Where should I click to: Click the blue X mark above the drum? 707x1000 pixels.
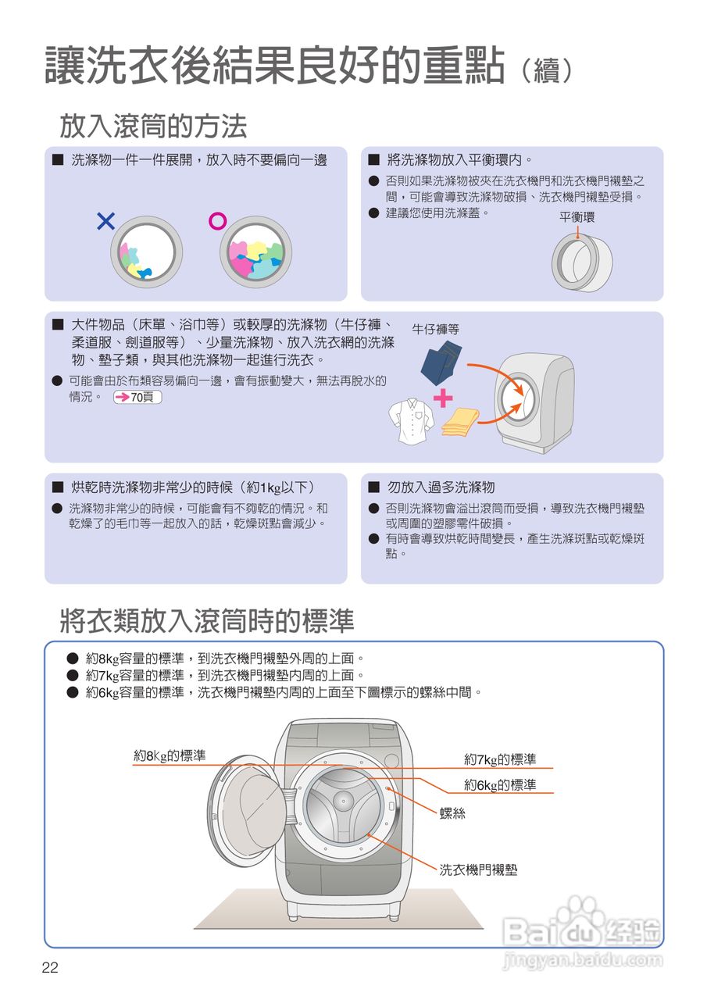click(105, 222)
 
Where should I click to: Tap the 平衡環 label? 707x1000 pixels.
click(577, 217)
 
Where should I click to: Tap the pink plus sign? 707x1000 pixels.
click(443, 398)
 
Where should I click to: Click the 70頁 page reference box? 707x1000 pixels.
click(137, 398)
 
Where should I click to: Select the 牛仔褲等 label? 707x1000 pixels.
click(436, 330)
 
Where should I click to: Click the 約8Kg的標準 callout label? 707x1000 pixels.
click(170, 755)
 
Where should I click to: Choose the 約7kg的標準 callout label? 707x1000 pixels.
click(500, 759)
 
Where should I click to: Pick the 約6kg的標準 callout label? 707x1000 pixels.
click(500, 785)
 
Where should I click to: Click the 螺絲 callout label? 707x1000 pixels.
click(452, 813)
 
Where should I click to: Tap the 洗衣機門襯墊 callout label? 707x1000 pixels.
click(478, 869)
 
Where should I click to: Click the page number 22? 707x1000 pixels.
click(50, 968)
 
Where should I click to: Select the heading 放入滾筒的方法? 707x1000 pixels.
click(153, 125)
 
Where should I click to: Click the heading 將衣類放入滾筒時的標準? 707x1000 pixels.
click(207, 621)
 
